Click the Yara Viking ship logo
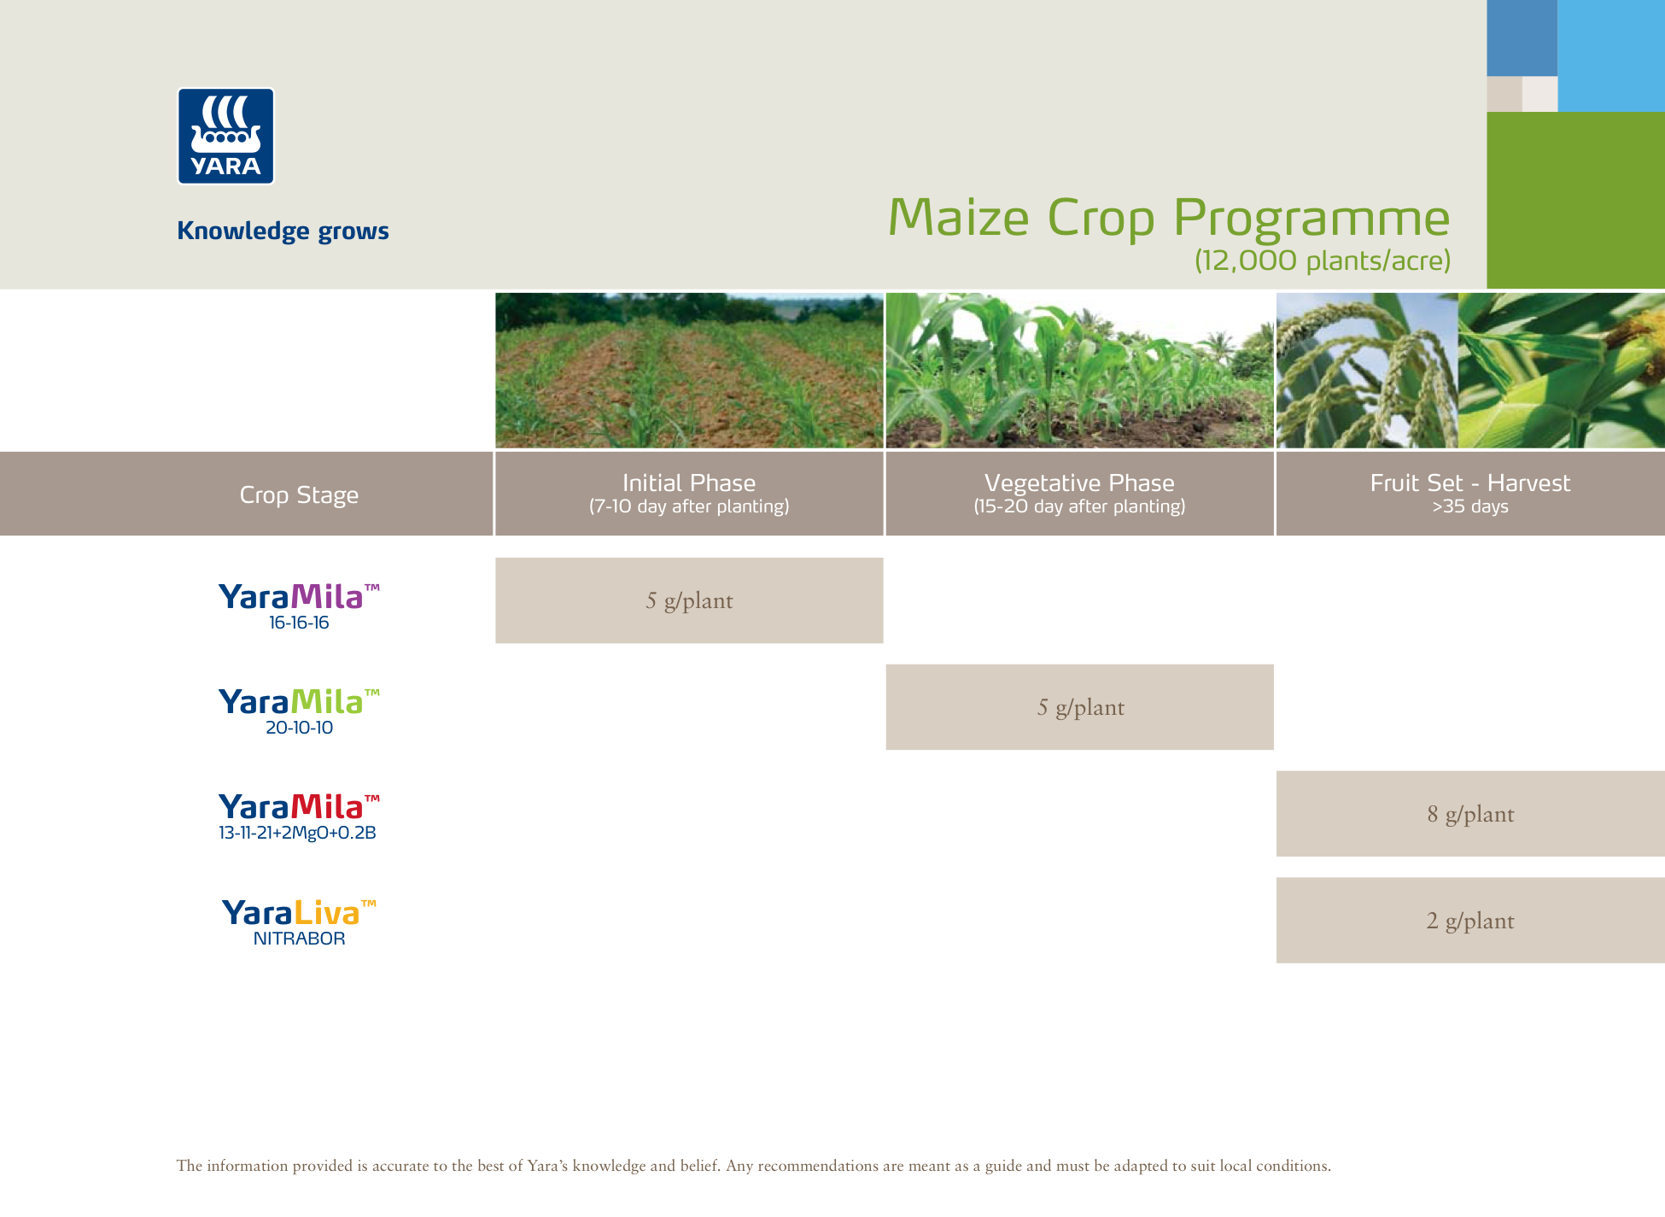click(x=225, y=136)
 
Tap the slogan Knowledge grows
click(x=283, y=231)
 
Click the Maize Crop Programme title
click(x=1168, y=218)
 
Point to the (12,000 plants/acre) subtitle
click(x=1322, y=260)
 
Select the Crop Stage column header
click(x=299, y=494)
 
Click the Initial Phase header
click(x=689, y=493)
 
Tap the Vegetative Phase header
click(x=1079, y=493)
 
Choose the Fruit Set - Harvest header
click(x=1469, y=493)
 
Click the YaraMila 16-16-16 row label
click(x=299, y=606)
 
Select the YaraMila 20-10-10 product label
click(x=299, y=711)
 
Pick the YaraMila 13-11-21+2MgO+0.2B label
click(x=298, y=816)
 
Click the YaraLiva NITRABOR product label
click(x=299, y=922)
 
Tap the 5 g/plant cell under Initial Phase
click(x=689, y=600)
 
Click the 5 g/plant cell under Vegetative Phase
click(x=1079, y=707)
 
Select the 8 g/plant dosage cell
click(x=1469, y=814)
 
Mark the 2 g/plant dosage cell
click(x=1469, y=921)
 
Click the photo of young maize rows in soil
click(x=689, y=371)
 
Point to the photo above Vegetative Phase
click(x=1079, y=371)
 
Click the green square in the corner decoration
click(x=1575, y=200)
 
